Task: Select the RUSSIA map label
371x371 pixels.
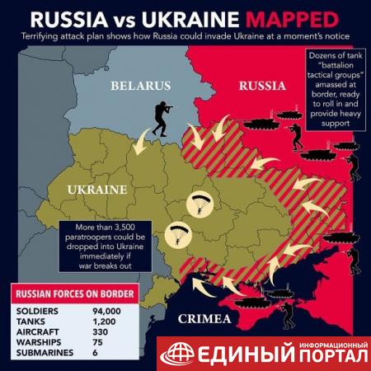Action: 262,85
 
